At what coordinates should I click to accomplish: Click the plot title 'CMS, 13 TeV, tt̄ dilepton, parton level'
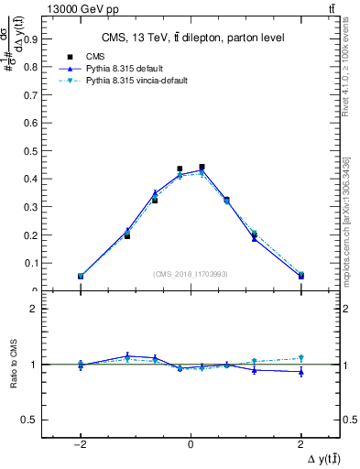(x=191, y=38)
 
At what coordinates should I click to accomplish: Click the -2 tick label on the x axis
(x=80, y=443)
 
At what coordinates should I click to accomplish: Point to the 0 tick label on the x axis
(x=190, y=443)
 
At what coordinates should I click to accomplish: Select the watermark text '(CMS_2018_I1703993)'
(x=190, y=273)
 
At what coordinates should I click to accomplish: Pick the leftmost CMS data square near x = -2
(x=81, y=276)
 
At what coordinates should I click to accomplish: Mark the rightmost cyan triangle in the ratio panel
(x=300, y=358)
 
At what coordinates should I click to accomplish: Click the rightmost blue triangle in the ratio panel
(x=300, y=372)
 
